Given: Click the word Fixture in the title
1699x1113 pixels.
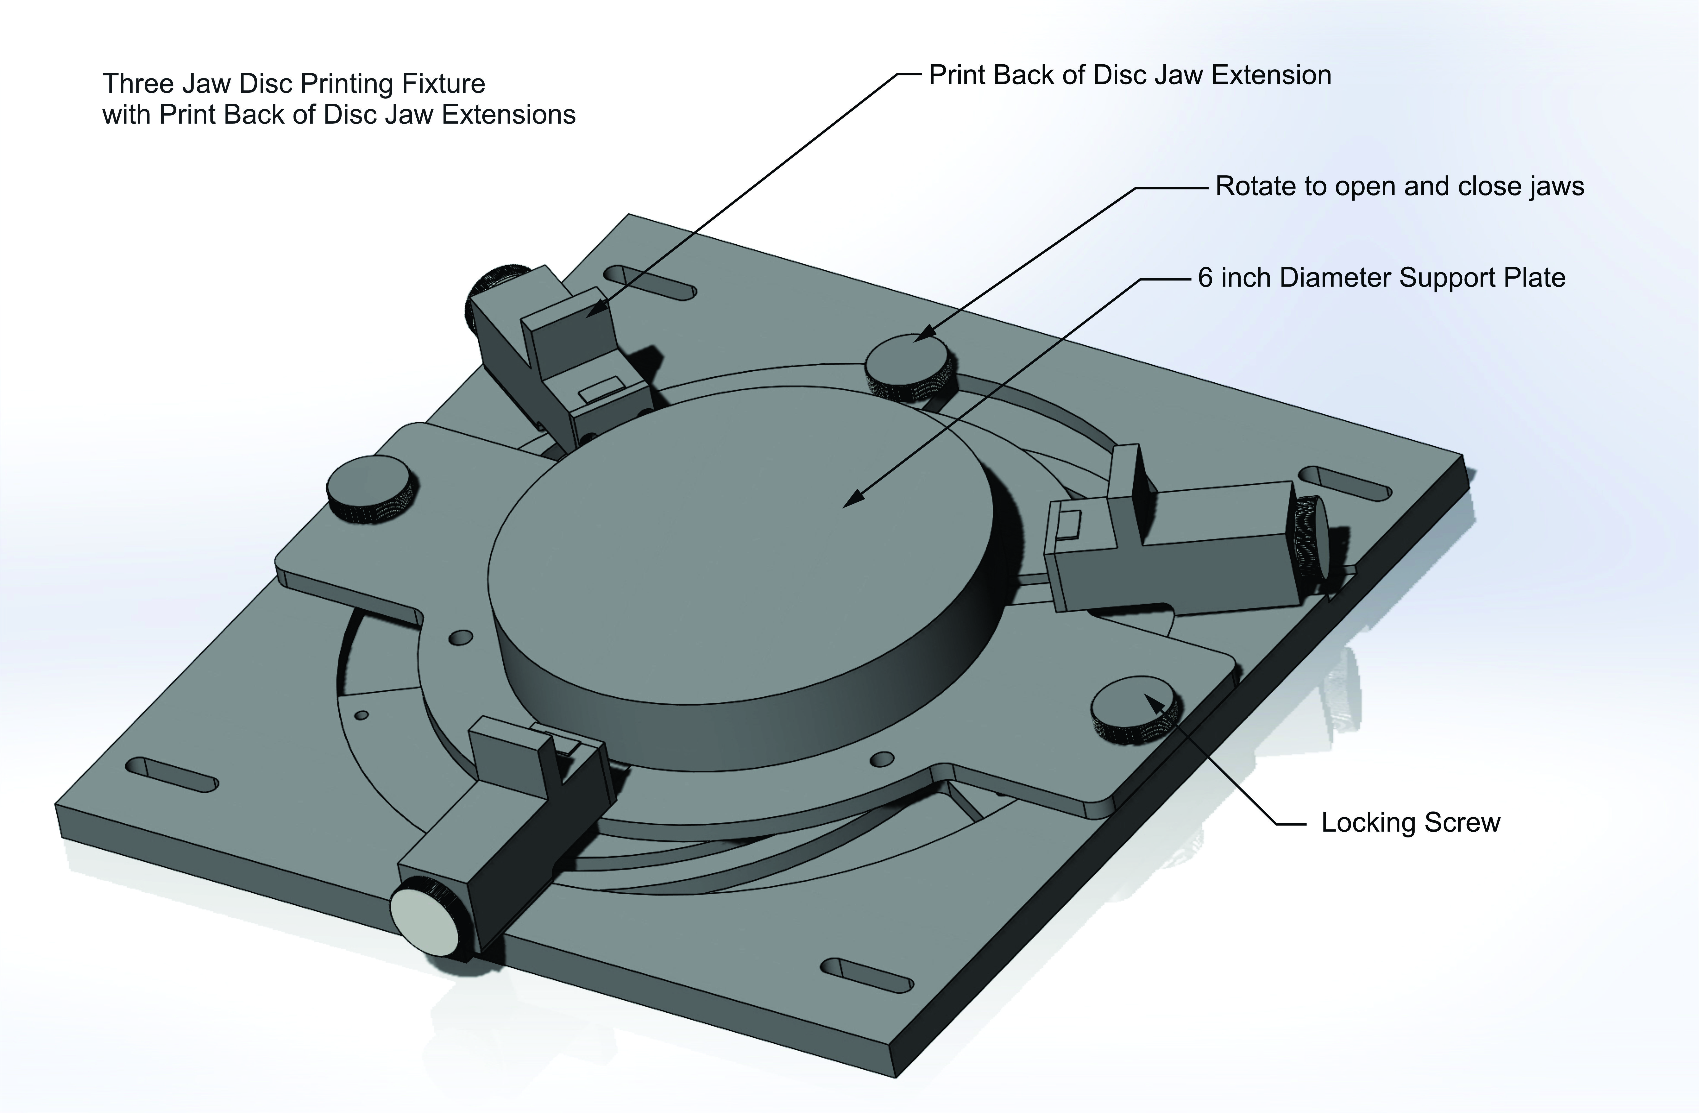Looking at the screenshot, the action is [443, 84].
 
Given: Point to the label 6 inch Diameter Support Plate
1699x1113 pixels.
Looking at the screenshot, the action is [1381, 278].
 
